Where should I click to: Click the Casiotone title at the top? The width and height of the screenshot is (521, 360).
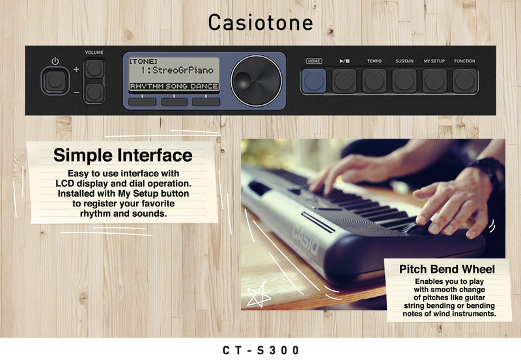click(260, 23)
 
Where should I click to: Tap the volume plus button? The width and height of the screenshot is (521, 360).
click(94, 68)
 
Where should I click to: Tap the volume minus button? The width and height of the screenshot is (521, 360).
click(94, 92)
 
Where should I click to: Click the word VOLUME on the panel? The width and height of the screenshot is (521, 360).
click(94, 52)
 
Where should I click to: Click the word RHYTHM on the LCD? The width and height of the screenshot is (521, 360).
click(147, 86)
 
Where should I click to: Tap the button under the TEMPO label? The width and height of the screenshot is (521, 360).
click(374, 80)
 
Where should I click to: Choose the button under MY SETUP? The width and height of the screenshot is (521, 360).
click(434, 80)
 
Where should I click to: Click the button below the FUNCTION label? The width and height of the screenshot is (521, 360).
click(464, 80)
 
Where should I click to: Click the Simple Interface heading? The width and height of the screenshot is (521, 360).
click(122, 155)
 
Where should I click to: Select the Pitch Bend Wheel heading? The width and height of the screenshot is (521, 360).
click(447, 269)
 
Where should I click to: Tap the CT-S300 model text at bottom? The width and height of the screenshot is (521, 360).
click(261, 350)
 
